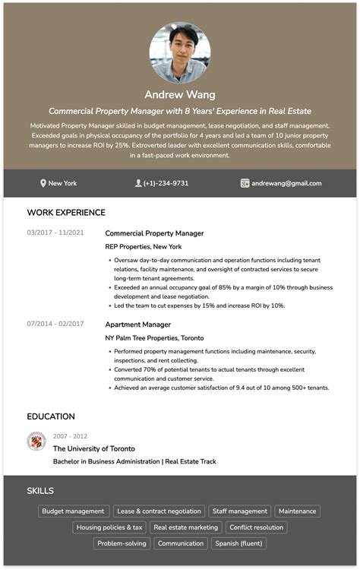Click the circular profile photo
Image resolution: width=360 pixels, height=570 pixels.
[180, 52]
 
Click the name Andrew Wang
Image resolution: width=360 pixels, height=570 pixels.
[180, 95]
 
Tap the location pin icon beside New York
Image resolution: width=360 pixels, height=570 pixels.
[43, 183]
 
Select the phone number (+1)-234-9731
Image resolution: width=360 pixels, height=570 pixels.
[166, 183]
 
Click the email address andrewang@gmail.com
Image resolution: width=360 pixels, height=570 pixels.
[286, 183]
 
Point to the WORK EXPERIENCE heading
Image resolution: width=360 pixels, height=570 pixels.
[66, 213]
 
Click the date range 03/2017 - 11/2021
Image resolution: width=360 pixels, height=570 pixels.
[55, 233]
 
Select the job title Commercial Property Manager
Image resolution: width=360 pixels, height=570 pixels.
[154, 233]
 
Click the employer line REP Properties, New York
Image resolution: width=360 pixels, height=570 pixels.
[144, 247]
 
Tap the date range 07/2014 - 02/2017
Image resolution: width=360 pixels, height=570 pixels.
[55, 324]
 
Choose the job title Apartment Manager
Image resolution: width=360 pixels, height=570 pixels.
[137, 325]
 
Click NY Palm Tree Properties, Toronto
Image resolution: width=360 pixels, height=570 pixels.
[154, 338]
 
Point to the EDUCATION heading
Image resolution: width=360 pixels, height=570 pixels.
[51, 416]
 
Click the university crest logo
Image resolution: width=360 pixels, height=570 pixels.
[36, 441]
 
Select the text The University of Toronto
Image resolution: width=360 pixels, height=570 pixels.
[93, 449]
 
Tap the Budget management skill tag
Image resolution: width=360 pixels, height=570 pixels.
[74, 511]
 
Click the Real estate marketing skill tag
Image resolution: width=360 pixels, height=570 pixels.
[185, 527]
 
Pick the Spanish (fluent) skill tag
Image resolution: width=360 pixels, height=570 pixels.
[238, 543]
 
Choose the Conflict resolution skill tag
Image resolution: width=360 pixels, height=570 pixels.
[256, 527]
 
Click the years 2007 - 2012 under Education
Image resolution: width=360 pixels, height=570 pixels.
[70, 436]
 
